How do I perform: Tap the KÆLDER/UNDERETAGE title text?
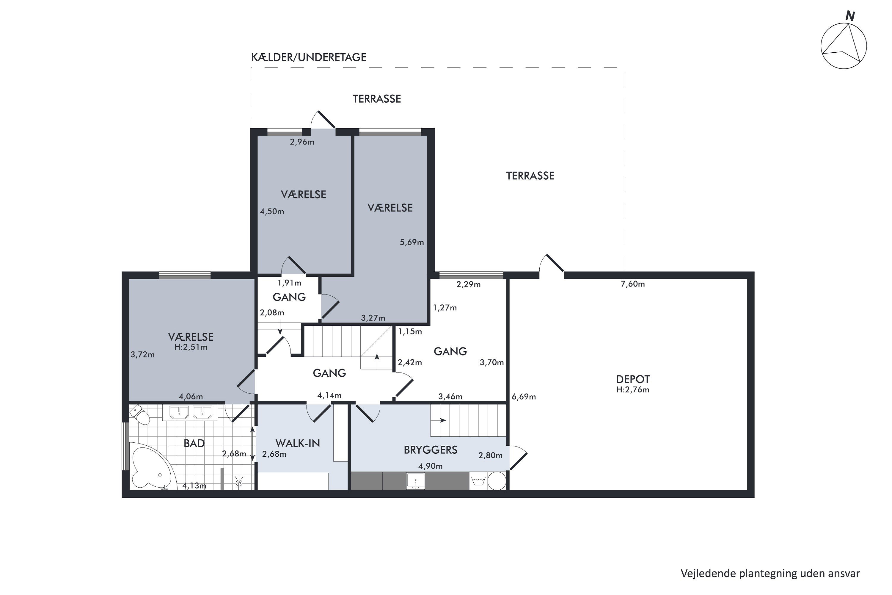(x=309, y=57)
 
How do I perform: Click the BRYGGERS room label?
(x=431, y=450)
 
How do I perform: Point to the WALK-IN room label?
(x=298, y=443)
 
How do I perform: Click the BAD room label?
(x=194, y=443)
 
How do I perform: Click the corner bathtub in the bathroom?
(x=152, y=466)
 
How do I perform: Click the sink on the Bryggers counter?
(x=416, y=481)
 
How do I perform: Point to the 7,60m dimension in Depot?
(x=633, y=284)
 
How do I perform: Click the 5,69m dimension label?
(x=412, y=242)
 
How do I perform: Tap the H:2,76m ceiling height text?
(x=633, y=390)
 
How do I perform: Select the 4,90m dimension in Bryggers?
(x=431, y=466)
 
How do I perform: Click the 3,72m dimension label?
(x=143, y=355)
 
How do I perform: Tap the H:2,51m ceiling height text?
(x=191, y=347)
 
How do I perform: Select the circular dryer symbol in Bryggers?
(x=497, y=481)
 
